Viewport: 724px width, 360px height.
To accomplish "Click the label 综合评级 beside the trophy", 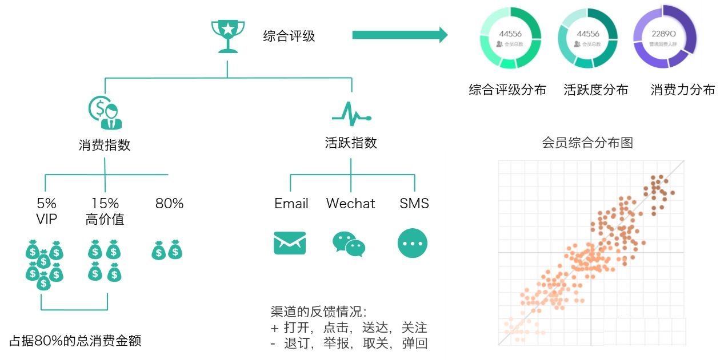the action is coord(289,37).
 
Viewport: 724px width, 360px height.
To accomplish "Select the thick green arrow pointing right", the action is coord(399,35).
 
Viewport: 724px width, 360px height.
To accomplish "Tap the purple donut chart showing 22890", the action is coord(664,37).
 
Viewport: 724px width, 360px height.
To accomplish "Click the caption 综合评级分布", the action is coord(507,90).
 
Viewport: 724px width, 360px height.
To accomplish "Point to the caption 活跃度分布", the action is coord(595,90).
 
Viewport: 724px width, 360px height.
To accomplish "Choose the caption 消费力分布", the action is coord(682,90).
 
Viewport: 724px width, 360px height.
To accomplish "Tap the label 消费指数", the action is coord(105,145).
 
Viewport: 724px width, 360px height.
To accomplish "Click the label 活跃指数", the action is coord(351,143).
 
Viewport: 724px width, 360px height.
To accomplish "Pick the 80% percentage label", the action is coord(169,204).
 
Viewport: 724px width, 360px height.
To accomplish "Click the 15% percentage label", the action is coord(105,203).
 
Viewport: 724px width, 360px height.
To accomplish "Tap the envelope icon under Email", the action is coord(290,243).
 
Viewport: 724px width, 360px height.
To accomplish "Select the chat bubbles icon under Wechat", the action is coord(349,244).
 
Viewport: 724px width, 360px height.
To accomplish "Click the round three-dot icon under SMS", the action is coord(413,244).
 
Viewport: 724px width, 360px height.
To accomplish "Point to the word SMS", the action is coord(414,204).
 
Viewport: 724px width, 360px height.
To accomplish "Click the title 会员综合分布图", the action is coord(587,143).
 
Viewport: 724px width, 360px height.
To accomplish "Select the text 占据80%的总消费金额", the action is coord(75,341).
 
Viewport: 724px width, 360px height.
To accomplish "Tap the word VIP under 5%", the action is coord(47,219).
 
